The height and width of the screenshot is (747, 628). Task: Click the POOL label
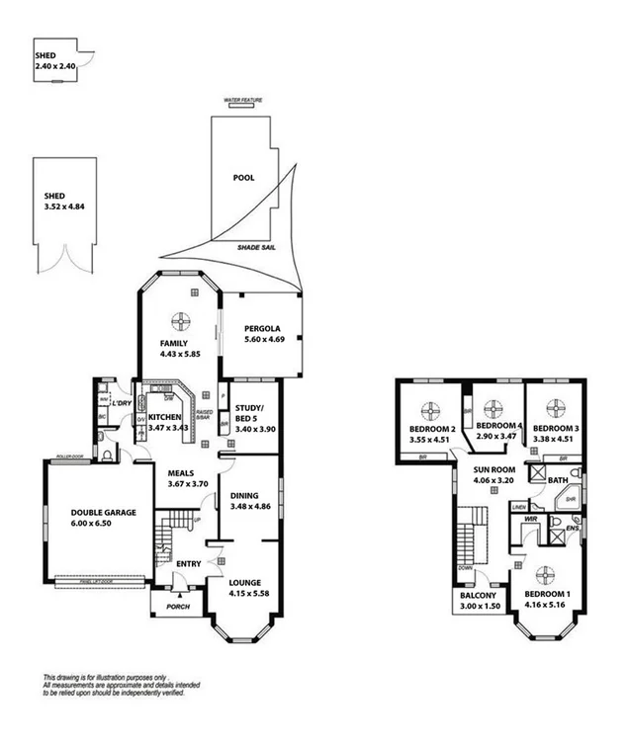click(242, 179)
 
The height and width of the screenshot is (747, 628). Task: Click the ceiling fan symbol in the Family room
click(181, 319)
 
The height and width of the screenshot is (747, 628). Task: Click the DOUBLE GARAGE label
click(102, 512)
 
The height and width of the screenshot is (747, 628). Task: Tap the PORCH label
click(178, 605)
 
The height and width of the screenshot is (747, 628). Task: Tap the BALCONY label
click(479, 596)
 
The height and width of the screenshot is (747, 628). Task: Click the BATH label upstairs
click(559, 480)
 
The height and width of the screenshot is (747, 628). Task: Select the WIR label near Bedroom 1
click(530, 517)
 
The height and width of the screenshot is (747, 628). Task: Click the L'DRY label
click(122, 403)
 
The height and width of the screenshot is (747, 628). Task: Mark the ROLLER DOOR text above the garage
click(68, 456)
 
